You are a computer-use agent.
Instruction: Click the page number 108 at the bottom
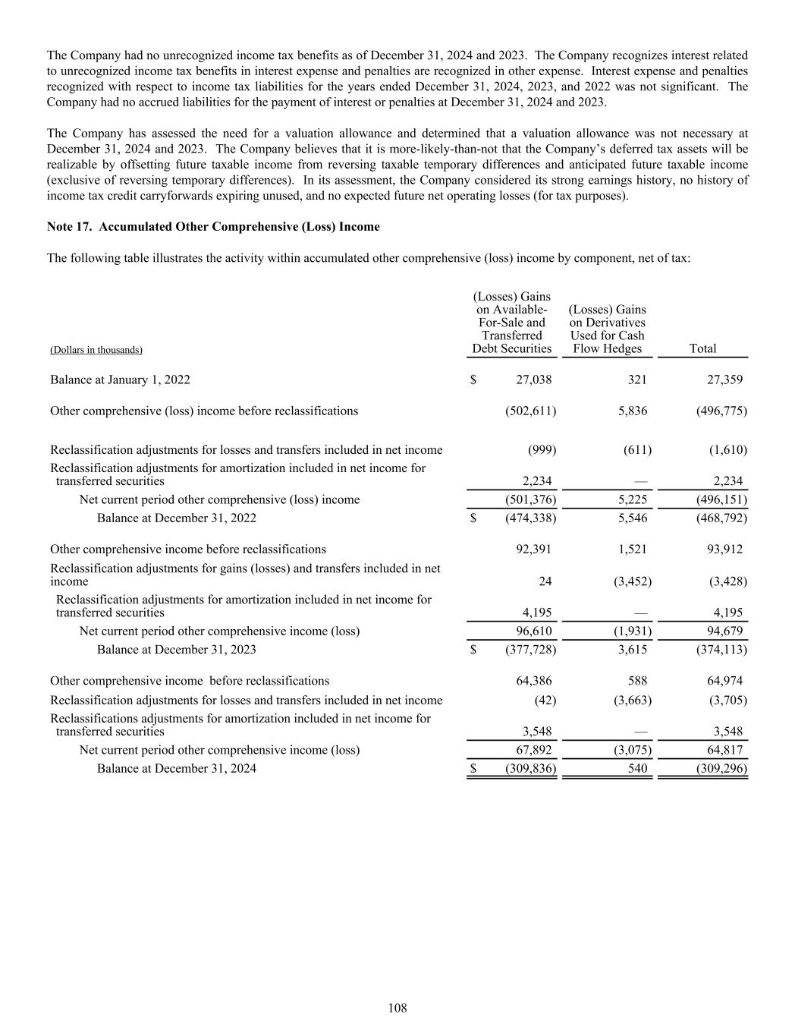[x=397, y=1008]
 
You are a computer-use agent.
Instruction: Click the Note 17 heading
[x=213, y=227]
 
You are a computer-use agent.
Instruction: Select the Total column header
[x=702, y=348]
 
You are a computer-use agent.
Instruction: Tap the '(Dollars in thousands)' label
[x=96, y=350]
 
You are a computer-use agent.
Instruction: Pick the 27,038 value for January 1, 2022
[x=534, y=379]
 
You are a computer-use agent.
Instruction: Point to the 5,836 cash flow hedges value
[x=633, y=411]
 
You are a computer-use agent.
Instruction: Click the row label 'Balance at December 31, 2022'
[x=176, y=518]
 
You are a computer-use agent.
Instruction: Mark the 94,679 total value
[x=724, y=631]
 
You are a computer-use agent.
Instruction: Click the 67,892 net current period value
[x=534, y=750]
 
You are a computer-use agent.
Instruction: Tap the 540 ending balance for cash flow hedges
[x=638, y=768]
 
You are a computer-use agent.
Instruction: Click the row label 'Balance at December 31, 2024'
[x=176, y=768]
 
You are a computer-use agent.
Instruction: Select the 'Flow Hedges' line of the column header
[x=608, y=348]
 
